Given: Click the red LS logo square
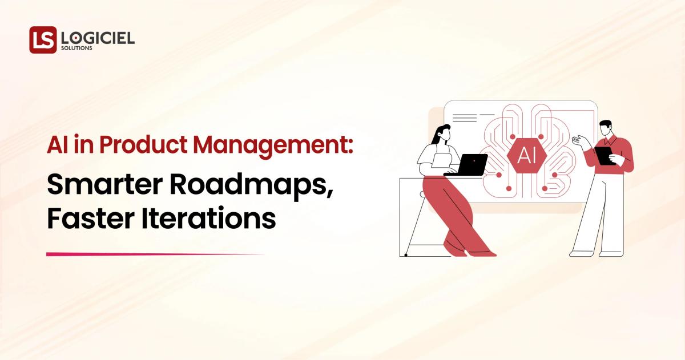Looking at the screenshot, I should [x=43, y=40].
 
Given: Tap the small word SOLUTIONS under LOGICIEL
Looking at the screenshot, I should [x=76, y=48].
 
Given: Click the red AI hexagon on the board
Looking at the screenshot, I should [x=526, y=155].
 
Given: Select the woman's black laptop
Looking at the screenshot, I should [x=470, y=165].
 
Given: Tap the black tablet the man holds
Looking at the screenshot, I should [x=604, y=156].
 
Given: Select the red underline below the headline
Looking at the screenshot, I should [x=154, y=254].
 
